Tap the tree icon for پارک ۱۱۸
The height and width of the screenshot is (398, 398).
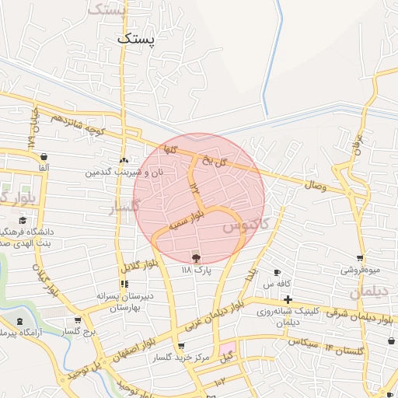coord(195,257)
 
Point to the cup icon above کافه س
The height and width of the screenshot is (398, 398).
coord(278,273)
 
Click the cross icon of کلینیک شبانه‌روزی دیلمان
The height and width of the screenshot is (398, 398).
coord(288,299)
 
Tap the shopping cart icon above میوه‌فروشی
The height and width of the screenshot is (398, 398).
coord(360,257)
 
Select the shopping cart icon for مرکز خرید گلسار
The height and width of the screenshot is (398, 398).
coord(180,347)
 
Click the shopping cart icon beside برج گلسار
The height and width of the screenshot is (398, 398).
coord(78,319)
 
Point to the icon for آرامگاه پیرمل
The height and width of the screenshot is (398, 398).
coord(19,322)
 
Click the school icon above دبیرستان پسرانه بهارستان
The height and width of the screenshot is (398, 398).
coord(123,284)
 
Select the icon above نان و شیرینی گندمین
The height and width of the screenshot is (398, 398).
coord(124,159)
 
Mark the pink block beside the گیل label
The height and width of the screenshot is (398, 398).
coord(227,347)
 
